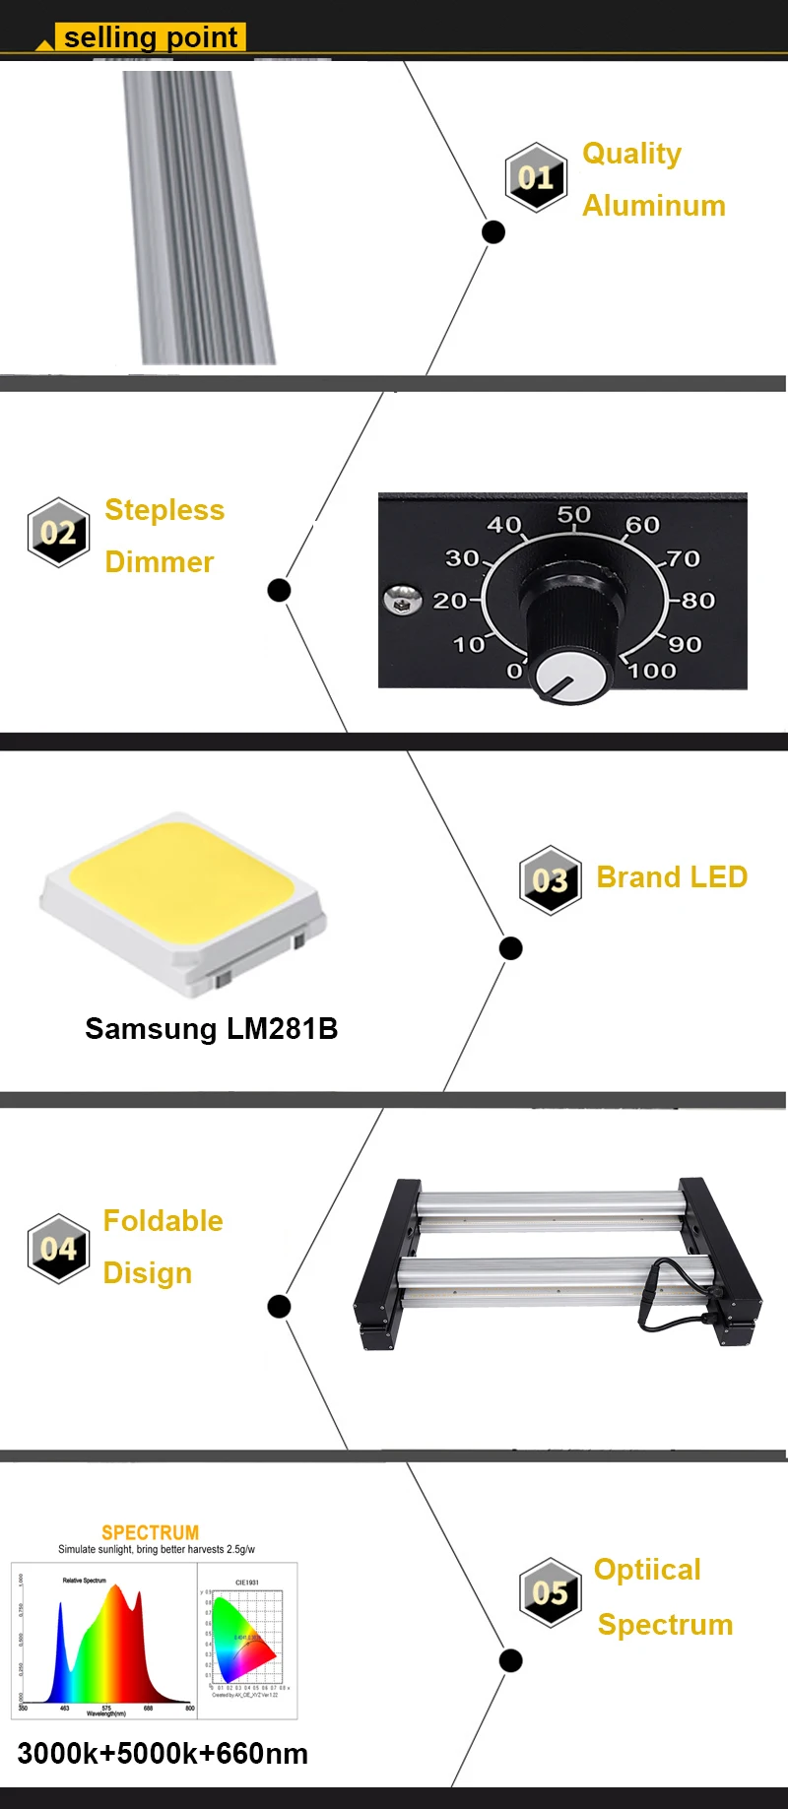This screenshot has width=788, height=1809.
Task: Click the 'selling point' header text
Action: click(x=150, y=37)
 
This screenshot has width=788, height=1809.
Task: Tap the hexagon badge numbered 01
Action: click(x=536, y=177)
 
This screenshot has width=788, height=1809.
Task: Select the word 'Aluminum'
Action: click(x=654, y=206)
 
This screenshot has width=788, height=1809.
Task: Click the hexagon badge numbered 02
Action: click(x=59, y=532)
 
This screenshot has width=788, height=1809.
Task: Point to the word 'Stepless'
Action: click(x=164, y=510)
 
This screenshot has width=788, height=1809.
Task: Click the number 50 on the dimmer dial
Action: click(x=573, y=515)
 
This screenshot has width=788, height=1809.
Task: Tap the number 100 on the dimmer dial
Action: click(x=652, y=672)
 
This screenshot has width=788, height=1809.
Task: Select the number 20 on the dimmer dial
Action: click(x=450, y=601)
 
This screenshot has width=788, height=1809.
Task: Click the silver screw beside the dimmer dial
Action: click(x=402, y=599)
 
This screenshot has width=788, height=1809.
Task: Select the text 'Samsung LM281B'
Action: click(x=211, y=1029)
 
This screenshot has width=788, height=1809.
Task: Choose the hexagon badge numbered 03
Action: click(x=550, y=880)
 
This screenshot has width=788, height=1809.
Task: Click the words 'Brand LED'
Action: click(x=672, y=877)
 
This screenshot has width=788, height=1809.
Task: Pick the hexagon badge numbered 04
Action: click(x=59, y=1248)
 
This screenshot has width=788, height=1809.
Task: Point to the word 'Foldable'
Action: click(x=163, y=1221)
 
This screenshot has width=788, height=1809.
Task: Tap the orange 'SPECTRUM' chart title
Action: click(x=150, y=1532)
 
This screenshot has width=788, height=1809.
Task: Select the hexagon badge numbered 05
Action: click(x=550, y=1592)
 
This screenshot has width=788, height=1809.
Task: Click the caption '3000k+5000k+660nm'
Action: click(x=163, y=1754)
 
